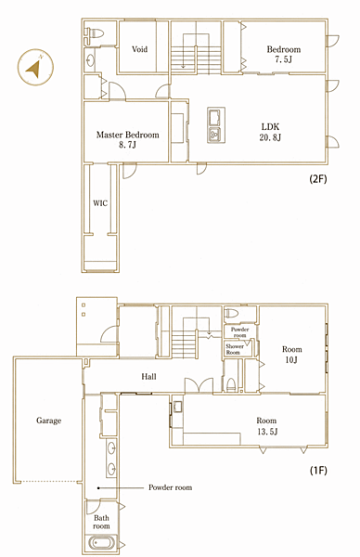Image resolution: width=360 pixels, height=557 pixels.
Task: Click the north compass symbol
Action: click(35, 67)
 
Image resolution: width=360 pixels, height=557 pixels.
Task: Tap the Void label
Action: click(139, 49)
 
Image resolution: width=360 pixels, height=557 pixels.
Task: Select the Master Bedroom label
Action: click(127, 135)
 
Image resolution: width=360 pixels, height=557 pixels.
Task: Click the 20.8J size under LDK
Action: click(270, 137)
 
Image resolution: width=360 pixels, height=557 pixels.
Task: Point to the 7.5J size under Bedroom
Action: click(283, 59)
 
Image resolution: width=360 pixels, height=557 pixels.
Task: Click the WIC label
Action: click(100, 203)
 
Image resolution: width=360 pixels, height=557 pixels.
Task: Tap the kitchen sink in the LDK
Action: click(215, 117)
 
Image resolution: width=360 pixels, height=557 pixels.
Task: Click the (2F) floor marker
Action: click(318, 178)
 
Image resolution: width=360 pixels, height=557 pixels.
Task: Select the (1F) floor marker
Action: click(318, 471)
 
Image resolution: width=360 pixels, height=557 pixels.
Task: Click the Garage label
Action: click(48, 421)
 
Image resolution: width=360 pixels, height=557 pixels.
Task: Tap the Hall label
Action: click(148, 376)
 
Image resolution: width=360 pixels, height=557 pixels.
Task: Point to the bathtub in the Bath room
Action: click(102, 543)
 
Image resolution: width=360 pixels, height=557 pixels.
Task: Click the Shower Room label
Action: click(235, 349)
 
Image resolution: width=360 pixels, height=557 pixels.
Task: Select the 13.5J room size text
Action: click(267, 432)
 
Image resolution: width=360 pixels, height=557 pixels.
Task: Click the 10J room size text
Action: click(291, 360)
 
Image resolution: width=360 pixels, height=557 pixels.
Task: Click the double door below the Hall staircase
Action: click(199, 385)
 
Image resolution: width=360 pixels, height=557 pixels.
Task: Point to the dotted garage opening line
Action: click(49, 482)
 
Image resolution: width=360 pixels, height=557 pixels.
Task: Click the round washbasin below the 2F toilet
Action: click(90, 60)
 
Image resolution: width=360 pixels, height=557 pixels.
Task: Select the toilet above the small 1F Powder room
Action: click(231, 314)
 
